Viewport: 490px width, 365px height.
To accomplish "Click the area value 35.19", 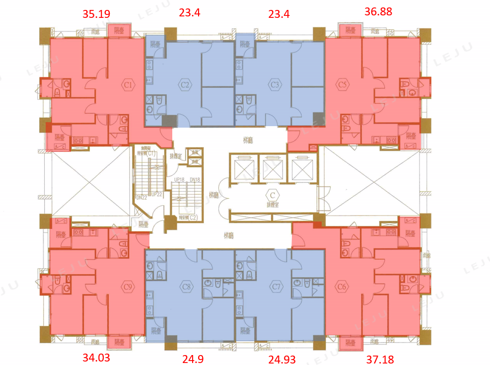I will tap(96, 13).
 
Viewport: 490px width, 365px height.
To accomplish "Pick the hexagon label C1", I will tap(128, 85).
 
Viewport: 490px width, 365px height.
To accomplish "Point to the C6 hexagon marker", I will tap(341, 287).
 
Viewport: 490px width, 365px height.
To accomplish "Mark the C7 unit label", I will tap(277, 287).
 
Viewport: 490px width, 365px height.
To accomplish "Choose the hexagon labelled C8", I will tap(187, 287).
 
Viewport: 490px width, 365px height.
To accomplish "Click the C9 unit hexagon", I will tap(128, 287).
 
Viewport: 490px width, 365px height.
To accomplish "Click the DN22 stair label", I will tap(141, 198).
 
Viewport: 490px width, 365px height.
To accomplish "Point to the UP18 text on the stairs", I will tap(179, 180).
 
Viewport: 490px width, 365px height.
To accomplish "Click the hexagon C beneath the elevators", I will tap(272, 195).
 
